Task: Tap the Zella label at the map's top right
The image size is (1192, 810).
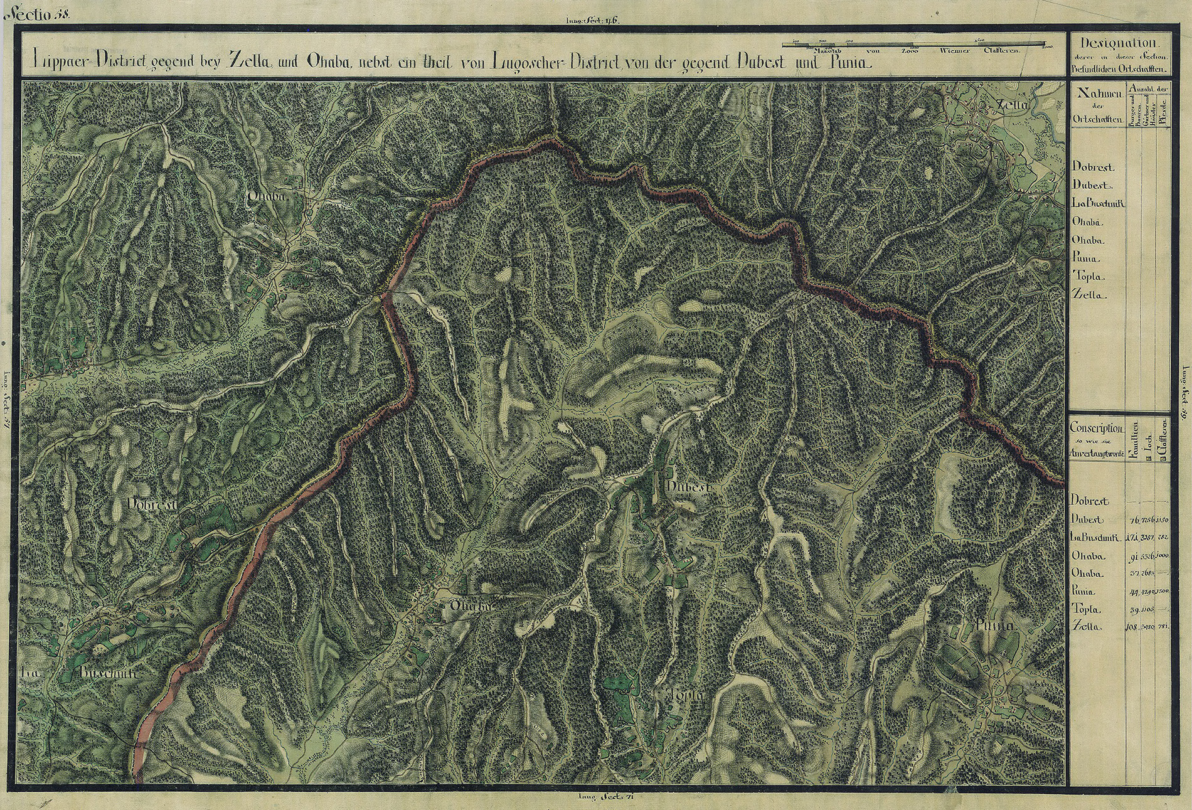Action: (1010, 105)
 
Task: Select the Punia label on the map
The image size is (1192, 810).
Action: (995, 626)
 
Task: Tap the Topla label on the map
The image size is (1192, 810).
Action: (689, 696)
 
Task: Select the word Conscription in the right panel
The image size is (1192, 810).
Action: (1096, 428)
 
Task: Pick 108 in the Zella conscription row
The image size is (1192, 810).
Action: (1134, 627)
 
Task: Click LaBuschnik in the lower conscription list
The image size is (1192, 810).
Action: (1097, 537)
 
